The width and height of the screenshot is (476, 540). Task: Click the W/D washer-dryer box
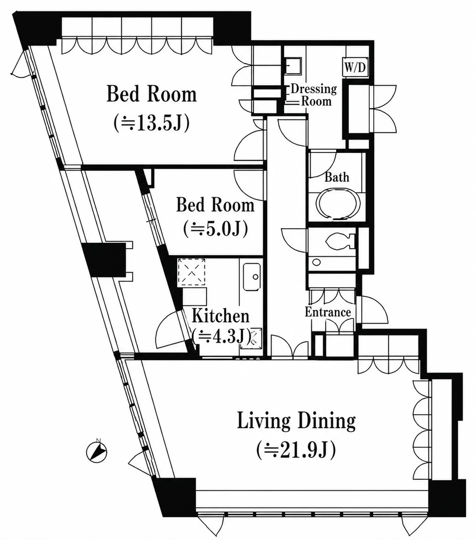point(355,67)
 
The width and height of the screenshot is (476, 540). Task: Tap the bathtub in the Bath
point(338,204)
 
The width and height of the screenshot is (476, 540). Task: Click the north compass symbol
point(97,451)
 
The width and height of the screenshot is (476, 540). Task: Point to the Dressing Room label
point(314,95)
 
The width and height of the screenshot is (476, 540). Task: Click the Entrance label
point(328,312)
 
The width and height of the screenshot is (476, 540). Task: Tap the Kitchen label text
point(220,316)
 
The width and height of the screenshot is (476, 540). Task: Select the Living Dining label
point(296,421)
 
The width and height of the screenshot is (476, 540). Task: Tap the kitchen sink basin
point(252,277)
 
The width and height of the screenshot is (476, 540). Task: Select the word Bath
point(337,177)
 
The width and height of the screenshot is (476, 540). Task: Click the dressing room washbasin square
point(293,66)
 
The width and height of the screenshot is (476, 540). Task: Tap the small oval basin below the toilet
point(316,263)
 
